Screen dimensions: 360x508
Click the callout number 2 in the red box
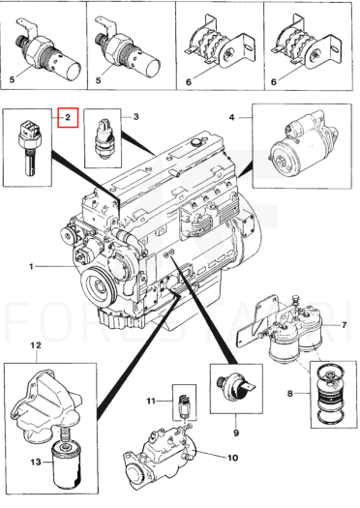(68, 117)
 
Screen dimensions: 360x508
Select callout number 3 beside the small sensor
(136, 116)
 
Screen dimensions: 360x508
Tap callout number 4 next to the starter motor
(231, 117)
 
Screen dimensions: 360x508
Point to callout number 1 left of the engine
(31, 267)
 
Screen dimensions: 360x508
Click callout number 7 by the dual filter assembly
(345, 324)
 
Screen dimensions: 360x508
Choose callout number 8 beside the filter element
(290, 394)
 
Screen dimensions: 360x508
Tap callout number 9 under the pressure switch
(236, 433)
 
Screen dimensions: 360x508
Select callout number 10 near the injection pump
(232, 458)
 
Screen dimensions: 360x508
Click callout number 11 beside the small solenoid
(151, 402)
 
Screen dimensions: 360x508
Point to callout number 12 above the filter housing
(36, 345)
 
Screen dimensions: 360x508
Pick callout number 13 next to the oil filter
(36, 462)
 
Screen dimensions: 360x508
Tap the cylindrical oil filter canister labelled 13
(67, 463)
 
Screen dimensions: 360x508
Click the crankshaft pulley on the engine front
(98, 286)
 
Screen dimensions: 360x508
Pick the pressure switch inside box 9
(236, 386)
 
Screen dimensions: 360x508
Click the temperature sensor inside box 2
(27, 146)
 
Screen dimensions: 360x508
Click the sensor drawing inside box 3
(103, 138)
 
